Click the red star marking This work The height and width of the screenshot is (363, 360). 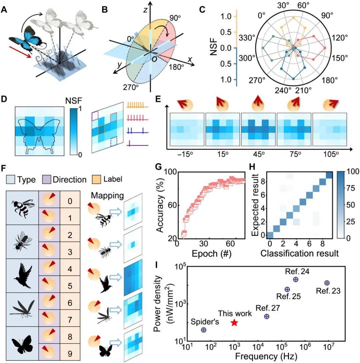tap(234, 323)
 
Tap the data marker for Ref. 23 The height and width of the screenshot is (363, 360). tap(327, 283)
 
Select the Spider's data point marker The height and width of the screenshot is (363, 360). tap(204, 330)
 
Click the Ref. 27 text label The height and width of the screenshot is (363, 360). tap(268, 308)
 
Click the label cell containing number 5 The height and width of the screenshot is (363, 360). tap(70, 286)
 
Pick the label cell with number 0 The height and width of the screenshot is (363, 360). tap(70, 201)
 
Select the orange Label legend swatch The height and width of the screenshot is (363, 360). tap(96, 179)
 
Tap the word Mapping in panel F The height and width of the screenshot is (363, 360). tap(107, 196)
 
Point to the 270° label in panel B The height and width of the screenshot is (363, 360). tap(131, 87)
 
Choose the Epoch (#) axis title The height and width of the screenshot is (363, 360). tap(211, 254)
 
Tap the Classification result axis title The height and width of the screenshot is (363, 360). tap(299, 253)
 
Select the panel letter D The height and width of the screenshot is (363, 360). tap(4, 99)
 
